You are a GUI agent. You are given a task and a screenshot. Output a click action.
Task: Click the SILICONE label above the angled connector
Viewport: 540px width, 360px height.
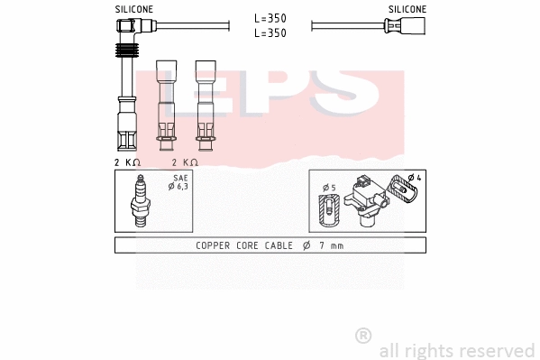click(x=133, y=9)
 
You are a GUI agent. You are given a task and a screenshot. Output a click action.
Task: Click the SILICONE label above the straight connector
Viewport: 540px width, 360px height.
click(x=407, y=9)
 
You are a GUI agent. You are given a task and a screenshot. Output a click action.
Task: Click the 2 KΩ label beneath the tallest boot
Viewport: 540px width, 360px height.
click(x=128, y=162)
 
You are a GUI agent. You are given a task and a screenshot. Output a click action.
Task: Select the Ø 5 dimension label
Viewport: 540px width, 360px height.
click(x=329, y=188)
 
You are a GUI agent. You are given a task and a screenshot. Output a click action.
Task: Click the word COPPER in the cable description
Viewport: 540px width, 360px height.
click(x=213, y=245)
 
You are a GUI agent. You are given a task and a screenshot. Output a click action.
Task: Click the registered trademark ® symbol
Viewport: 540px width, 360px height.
click(x=363, y=335)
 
